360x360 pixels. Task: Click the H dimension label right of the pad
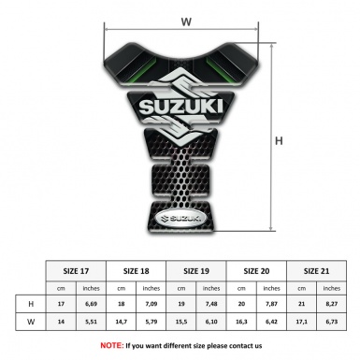point(280,140)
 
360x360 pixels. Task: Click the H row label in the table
point(31,304)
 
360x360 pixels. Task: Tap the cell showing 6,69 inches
point(92,304)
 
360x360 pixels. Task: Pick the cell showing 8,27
point(333,304)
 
